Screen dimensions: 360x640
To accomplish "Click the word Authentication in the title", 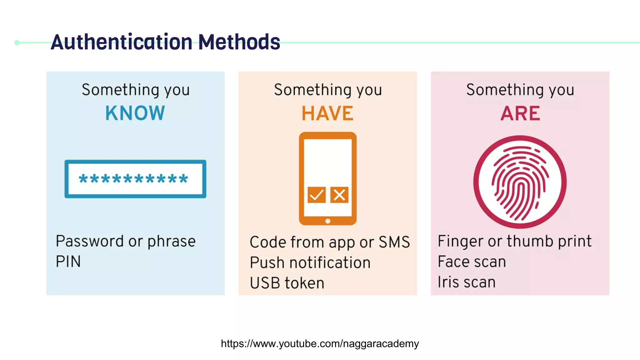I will pyautogui.click(x=122, y=42).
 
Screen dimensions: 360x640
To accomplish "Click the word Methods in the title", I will pyautogui.click(x=239, y=42).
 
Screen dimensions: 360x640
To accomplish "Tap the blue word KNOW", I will pyautogui.click(x=135, y=113).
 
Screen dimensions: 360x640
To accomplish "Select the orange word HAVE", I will pyautogui.click(x=327, y=113).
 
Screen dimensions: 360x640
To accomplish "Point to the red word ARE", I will pyautogui.click(x=520, y=113).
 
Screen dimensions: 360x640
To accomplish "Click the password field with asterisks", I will pyautogui.click(x=135, y=179).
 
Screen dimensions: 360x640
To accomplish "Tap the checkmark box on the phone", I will pyautogui.click(x=317, y=195).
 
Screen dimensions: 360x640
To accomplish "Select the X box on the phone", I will pyautogui.click(x=339, y=195).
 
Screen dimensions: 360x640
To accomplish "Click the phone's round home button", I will pyautogui.click(x=328, y=221).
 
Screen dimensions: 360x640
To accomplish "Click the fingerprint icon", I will pyautogui.click(x=520, y=182).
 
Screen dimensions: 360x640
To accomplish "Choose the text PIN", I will pyautogui.click(x=68, y=262).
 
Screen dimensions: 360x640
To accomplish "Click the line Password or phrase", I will pyautogui.click(x=126, y=242).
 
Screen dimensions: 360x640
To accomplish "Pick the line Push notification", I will pyautogui.click(x=310, y=262).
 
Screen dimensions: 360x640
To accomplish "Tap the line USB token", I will pyautogui.click(x=287, y=283).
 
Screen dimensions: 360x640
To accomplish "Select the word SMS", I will pyautogui.click(x=394, y=242).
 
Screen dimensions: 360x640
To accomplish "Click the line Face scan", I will pyautogui.click(x=472, y=262).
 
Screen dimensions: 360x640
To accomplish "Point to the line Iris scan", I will pyautogui.click(x=467, y=282).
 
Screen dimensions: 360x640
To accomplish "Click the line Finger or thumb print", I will pyautogui.click(x=515, y=242).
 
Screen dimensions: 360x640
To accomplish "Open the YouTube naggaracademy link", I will pyautogui.click(x=320, y=344).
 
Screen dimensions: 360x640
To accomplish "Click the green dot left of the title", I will pyautogui.click(x=17, y=42).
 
